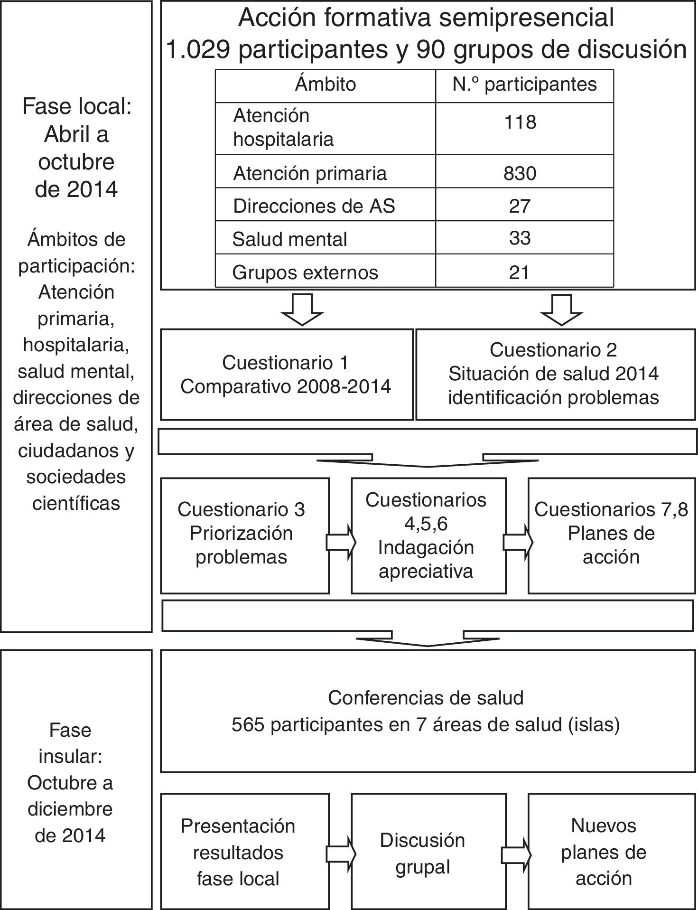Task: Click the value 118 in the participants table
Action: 520,122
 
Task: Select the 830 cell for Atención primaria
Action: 520,173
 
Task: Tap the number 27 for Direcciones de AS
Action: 520,206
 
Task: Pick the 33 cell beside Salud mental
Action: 520,238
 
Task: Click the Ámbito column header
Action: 326,84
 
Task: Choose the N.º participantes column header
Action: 524,84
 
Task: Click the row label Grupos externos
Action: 305,272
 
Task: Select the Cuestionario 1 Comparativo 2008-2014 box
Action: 286,375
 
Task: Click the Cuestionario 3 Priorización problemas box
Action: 244,535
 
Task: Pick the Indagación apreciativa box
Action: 428,535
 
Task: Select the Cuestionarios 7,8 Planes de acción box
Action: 611,535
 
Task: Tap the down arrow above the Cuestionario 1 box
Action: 302,310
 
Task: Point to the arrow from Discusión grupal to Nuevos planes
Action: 516,855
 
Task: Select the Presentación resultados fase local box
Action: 244,855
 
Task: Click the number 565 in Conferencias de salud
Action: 247,725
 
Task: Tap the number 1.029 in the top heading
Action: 198,49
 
